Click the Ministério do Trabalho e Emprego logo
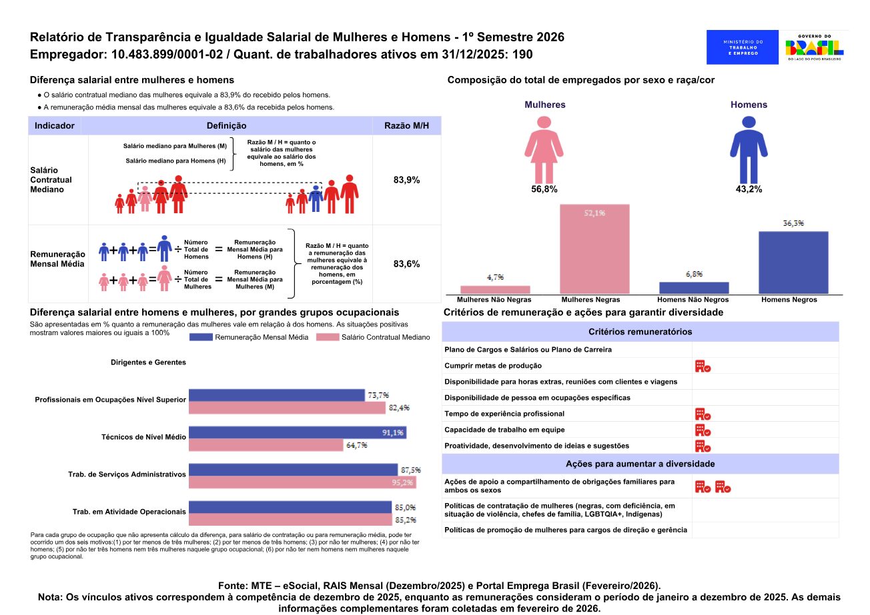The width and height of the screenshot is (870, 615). (742, 47)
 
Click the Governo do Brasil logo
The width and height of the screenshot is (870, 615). (814, 47)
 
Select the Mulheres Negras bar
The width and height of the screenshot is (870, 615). (594, 249)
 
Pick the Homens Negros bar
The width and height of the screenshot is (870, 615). (793, 263)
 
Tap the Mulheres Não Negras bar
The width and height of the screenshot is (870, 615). (495, 290)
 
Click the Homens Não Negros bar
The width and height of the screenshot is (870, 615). (694, 288)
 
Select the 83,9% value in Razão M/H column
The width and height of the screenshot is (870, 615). (406, 180)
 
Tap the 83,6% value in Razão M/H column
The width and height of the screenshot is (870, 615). (406, 264)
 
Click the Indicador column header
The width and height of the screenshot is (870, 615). (55, 125)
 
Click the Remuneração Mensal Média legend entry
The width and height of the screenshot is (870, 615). (249, 337)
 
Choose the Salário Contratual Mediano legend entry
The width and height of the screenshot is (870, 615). (378, 337)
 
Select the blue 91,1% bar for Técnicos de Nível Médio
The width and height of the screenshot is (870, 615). (298, 432)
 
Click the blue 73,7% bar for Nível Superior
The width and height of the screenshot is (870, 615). (277, 395)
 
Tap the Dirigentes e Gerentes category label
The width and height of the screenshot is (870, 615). (148, 362)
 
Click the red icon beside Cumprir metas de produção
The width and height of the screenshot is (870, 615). (703, 366)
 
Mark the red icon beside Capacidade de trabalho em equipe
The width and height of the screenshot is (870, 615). (703, 430)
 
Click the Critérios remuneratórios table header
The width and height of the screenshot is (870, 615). (640, 332)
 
